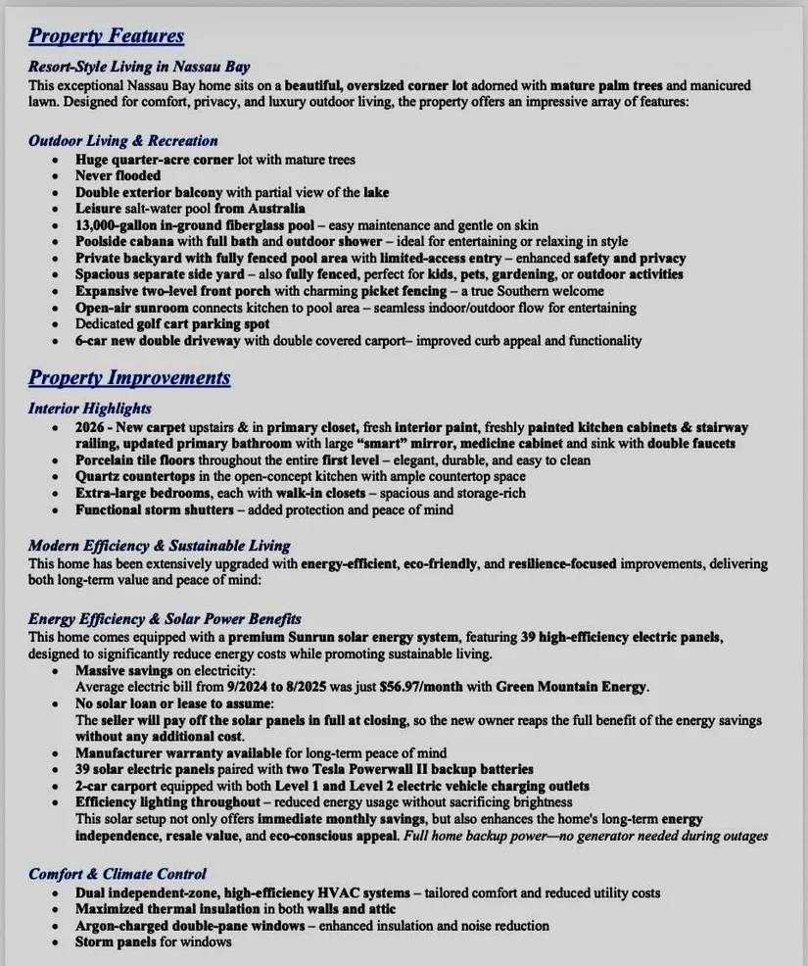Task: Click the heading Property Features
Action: [106, 36]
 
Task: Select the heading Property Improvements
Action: [129, 378]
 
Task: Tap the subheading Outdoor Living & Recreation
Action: [122, 141]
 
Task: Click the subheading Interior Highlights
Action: [90, 409]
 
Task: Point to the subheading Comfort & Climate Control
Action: [118, 874]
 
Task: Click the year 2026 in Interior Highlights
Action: [92, 427]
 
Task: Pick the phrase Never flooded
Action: [119, 176]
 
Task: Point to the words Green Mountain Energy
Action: [572, 687]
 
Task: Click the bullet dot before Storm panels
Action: [57, 942]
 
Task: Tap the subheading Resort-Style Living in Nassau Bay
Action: [139, 68]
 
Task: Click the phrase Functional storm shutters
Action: [154, 510]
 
